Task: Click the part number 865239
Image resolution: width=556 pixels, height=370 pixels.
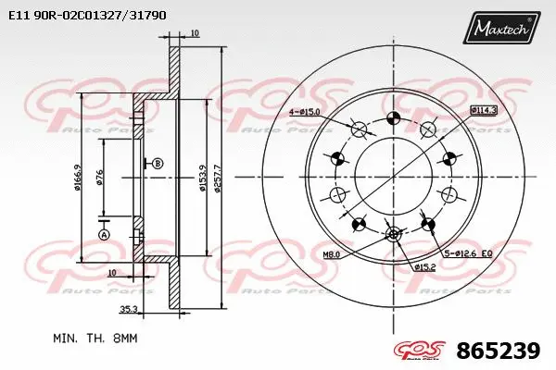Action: pos(498,351)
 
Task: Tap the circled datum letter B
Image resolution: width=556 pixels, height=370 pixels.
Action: pos(158,164)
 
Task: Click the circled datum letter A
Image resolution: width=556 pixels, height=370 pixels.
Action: pos(104,235)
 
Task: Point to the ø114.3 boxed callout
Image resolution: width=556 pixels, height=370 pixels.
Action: pos(484,109)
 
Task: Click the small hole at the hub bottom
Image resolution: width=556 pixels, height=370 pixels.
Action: pos(393,234)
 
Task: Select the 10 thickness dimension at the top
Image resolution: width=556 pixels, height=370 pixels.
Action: pos(194,34)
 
